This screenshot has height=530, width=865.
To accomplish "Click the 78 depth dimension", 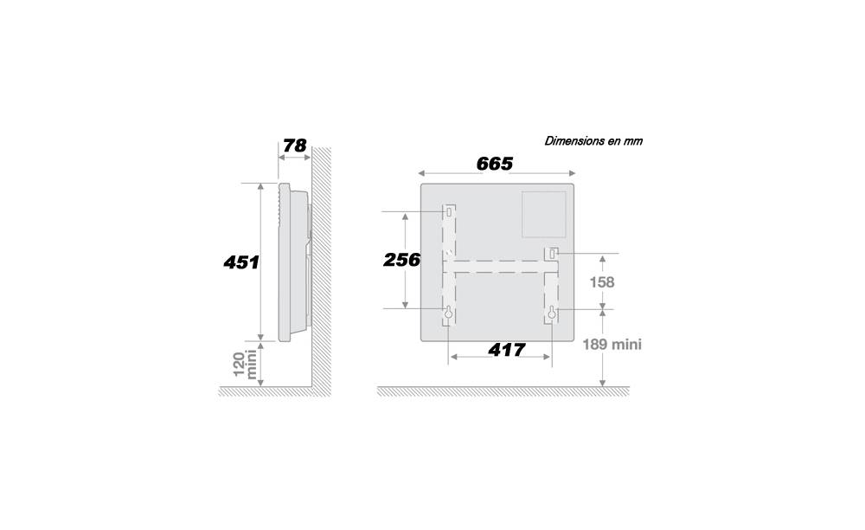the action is pos(295,145).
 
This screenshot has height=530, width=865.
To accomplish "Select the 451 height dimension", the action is pos(241,262).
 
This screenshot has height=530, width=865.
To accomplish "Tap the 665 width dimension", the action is pos(495,164).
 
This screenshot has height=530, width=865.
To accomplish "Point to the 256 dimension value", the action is pos(401,260).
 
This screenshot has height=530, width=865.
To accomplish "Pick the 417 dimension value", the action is pos(506,350).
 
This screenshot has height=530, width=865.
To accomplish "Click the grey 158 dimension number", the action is pos(602,282).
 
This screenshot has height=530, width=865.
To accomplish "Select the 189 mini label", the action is pos(612,345).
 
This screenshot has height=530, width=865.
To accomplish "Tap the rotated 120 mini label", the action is pos(246,364).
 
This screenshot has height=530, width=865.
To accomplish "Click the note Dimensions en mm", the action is pos(593,141).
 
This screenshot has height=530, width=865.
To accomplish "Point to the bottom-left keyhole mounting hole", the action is pos(448,313).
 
